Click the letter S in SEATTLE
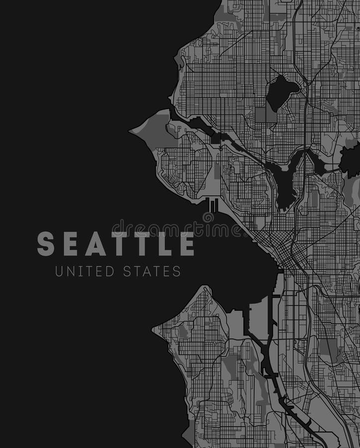(x=45, y=244)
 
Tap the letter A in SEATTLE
(x=95, y=244)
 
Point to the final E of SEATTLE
(x=187, y=244)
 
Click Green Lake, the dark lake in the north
(x=282, y=93)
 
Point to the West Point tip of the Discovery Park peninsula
(x=131, y=131)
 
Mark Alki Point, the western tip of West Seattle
(x=154, y=329)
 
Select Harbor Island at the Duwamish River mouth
(x=258, y=319)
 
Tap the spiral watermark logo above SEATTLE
(x=208, y=218)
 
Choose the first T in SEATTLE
(x=119, y=244)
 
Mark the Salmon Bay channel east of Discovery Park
(x=199, y=123)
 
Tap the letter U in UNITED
(x=59, y=271)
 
